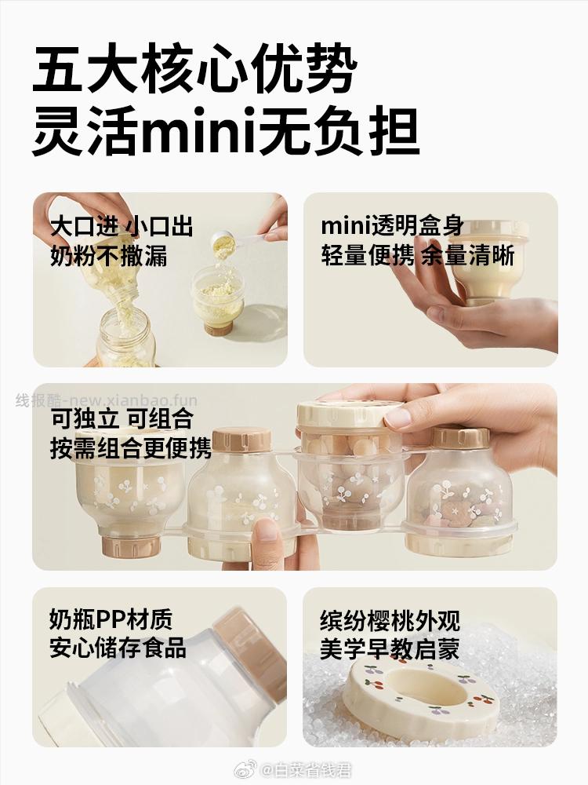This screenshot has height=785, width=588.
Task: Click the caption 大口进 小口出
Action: point(121,227)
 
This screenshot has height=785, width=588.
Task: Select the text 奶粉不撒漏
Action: point(109,255)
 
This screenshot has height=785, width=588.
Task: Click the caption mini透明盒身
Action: point(392,227)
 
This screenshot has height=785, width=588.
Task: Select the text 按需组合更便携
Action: point(131,447)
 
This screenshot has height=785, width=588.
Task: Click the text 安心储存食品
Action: point(118,648)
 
